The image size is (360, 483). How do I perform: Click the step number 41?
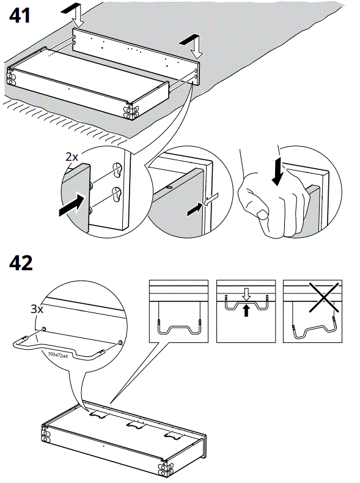(x=20, y=17)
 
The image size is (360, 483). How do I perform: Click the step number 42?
(x=20, y=264)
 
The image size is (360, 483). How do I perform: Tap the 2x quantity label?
(x=72, y=157)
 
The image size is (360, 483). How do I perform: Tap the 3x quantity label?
(x=37, y=309)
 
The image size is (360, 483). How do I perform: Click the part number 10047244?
(x=57, y=355)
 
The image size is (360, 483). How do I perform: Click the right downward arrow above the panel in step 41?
(x=194, y=44)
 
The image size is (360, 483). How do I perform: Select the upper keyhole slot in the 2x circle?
(x=117, y=169)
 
